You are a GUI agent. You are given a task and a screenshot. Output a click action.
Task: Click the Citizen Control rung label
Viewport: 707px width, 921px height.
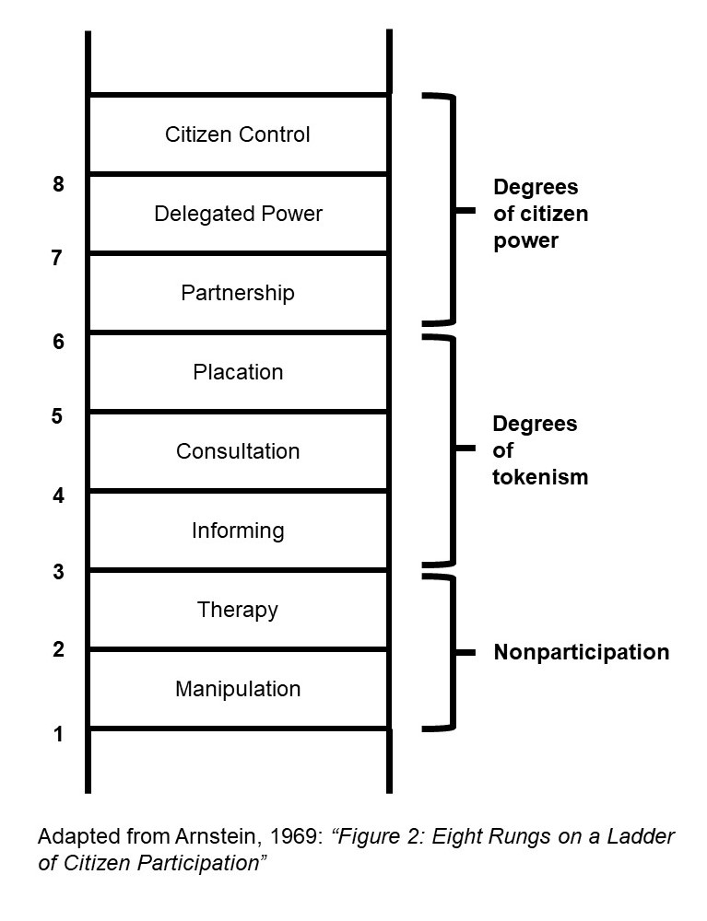pyautogui.click(x=238, y=134)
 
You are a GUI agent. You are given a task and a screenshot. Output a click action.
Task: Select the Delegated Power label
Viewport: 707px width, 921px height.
pyautogui.click(x=238, y=214)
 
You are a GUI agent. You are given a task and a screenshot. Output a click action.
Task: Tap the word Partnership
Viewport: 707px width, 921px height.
pyautogui.click(x=238, y=293)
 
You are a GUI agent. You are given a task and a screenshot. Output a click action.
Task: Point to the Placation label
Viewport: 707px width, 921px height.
pyautogui.click(x=238, y=372)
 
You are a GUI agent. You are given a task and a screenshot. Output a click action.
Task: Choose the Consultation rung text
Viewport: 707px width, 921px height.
pyautogui.click(x=238, y=451)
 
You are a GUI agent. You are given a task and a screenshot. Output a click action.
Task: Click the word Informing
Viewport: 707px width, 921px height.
pyautogui.click(x=238, y=530)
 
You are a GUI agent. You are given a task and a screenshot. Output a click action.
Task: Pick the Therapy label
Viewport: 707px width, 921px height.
pyautogui.click(x=238, y=610)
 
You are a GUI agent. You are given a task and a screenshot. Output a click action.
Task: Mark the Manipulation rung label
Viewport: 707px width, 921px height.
pyautogui.click(x=238, y=689)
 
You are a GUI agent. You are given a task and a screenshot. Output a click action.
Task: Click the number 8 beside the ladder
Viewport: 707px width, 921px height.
pyautogui.click(x=59, y=185)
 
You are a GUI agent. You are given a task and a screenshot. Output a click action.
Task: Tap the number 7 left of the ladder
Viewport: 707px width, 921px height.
pyautogui.click(x=57, y=259)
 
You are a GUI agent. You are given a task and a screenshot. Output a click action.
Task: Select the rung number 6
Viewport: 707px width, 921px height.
pyautogui.click(x=59, y=342)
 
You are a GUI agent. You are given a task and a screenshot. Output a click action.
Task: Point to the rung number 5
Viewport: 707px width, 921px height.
pyautogui.click(x=57, y=416)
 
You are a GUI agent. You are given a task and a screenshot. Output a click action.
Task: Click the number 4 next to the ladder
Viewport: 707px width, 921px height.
pyautogui.click(x=59, y=495)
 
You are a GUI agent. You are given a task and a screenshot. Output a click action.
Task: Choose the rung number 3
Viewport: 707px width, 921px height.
pyautogui.click(x=59, y=573)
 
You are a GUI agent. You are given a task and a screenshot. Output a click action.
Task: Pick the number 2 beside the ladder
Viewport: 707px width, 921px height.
pyautogui.click(x=59, y=650)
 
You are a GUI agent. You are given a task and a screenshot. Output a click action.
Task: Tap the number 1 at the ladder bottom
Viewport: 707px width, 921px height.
pyautogui.click(x=59, y=735)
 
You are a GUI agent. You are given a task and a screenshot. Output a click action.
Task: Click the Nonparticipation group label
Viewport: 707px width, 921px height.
pyautogui.click(x=581, y=653)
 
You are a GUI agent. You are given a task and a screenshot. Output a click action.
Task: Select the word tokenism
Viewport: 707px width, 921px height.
pyautogui.click(x=540, y=477)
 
